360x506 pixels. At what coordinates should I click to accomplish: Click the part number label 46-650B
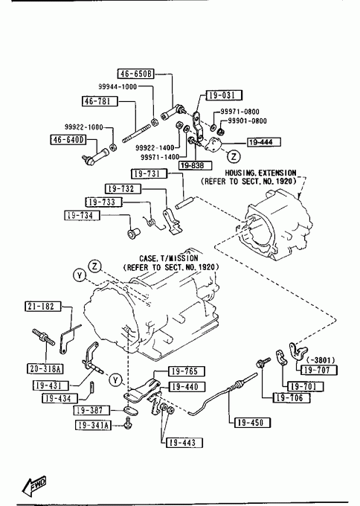click(136, 74)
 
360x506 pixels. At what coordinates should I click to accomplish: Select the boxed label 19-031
click(224, 95)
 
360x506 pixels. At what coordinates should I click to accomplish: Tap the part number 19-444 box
click(264, 142)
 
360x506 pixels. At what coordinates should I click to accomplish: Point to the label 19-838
click(196, 165)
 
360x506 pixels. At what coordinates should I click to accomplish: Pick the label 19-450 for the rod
click(252, 423)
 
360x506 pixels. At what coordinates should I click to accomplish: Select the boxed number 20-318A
click(45, 368)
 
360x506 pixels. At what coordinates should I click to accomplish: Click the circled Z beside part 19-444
click(234, 156)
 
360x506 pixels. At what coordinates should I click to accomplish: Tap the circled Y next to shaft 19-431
click(115, 379)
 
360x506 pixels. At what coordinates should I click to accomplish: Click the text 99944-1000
click(118, 86)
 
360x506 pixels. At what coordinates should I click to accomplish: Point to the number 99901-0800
click(248, 121)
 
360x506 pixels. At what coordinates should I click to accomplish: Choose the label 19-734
click(83, 215)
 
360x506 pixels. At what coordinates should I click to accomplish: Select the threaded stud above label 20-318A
click(44, 337)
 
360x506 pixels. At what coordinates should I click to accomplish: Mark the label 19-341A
click(93, 426)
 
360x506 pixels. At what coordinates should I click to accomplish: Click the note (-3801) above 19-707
click(321, 360)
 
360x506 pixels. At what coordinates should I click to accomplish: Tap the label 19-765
click(187, 371)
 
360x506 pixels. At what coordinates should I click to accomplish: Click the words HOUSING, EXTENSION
click(260, 173)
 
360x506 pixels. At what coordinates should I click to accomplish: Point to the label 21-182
click(43, 307)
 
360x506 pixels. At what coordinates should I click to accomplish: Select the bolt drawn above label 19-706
click(263, 362)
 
